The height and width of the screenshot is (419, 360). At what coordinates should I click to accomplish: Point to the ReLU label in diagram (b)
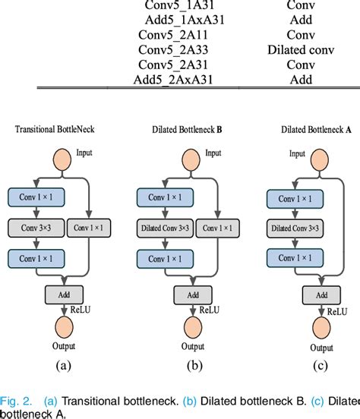[208, 310]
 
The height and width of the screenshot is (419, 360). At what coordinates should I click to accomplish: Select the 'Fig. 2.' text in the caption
[17, 400]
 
